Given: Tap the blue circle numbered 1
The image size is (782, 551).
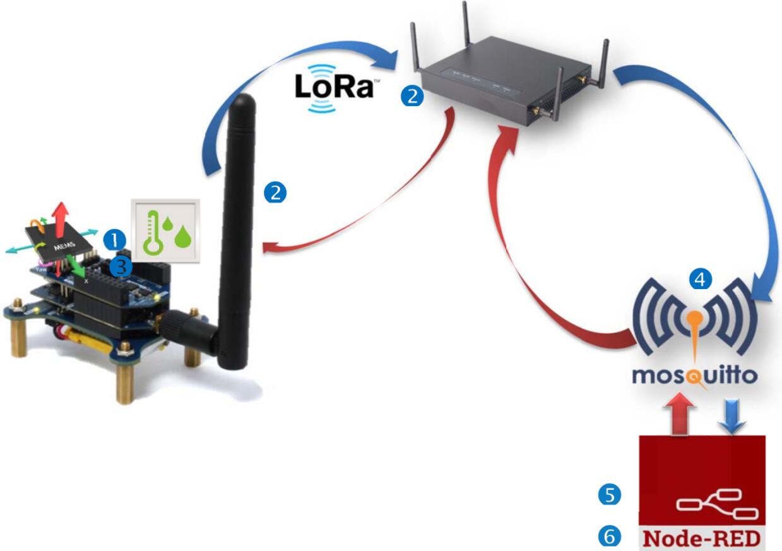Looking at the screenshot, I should click(x=115, y=238).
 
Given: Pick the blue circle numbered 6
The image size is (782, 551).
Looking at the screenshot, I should click(x=609, y=536).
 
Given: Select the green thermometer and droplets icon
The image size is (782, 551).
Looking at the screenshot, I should click(x=165, y=231).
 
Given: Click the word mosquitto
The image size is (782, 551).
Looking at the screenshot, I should click(x=694, y=377).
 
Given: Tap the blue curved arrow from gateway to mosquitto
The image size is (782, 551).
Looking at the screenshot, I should click(x=732, y=158).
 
